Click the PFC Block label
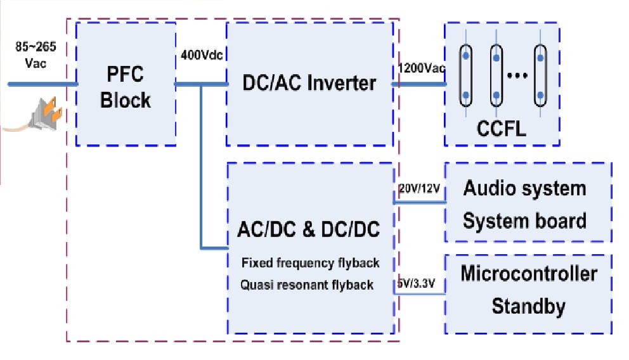point(126,87)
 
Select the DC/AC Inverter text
point(309,83)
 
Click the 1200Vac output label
point(421,68)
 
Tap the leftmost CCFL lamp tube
point(466,76)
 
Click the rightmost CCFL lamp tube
point(540,76)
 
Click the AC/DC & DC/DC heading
point(309,229)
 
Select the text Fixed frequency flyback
point(310,262)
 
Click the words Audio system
point(524,188)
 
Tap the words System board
point(524,221)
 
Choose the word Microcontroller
point(529,274)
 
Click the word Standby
point(529,307)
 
